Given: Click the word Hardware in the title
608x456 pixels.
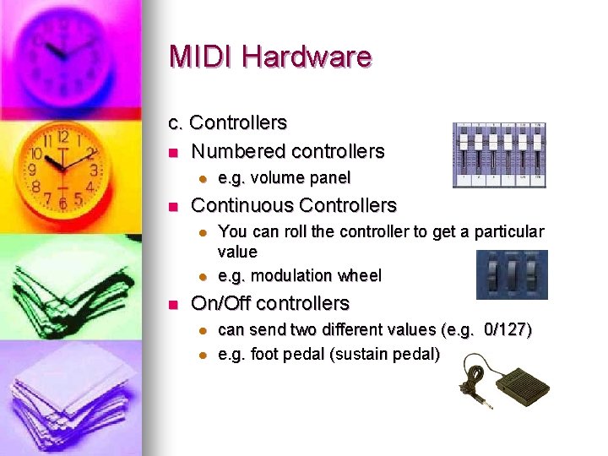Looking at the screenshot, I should (x=306, y=57).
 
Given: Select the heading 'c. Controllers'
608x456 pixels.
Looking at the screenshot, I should (x=228, y=122).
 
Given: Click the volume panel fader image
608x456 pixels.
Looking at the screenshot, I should (x=499, y=155).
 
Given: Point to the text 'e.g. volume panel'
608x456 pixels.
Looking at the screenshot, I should (x=284, y=178).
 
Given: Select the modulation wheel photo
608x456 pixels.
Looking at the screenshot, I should (x=511, y=274).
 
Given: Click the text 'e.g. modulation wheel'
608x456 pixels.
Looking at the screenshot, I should (x=299, y=275).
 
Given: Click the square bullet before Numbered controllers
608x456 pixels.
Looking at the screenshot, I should (x=173, y=153).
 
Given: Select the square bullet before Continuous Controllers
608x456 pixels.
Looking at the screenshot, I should (x=173, y=206).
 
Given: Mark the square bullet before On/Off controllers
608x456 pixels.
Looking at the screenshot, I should (x=173, y=304).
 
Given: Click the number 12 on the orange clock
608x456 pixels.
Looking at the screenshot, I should (x=62, y=136).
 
